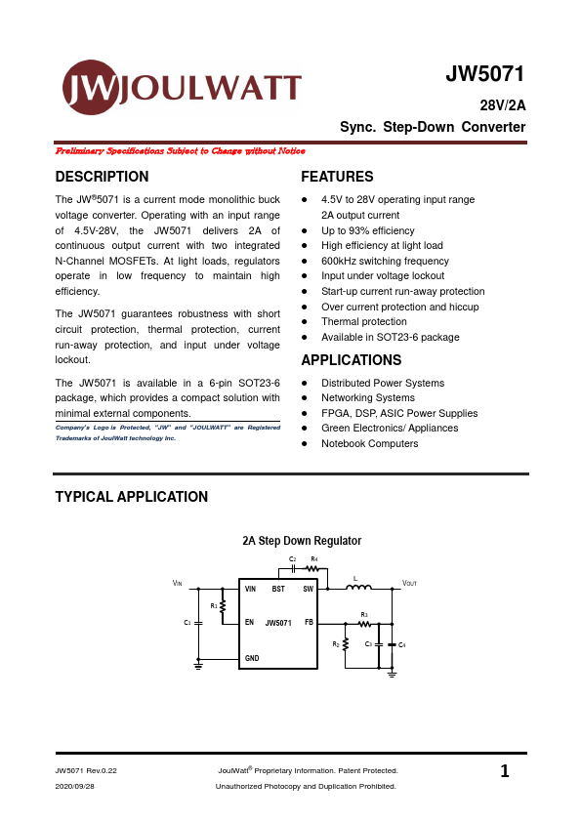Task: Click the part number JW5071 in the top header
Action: point(485,75)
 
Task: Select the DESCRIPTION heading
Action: point(103,177)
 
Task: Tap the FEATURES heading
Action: point(337,177)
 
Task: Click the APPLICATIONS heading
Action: point(352,360)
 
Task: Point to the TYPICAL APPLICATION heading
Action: point(132,497)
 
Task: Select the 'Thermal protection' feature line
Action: point(363,321)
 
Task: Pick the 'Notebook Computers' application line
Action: point(369,443)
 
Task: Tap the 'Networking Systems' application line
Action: point(367,397)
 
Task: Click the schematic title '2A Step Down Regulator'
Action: point(302,540)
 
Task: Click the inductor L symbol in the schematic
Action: point(359,589)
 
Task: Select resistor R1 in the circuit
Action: point(223,606)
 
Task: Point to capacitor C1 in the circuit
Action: point(198,622)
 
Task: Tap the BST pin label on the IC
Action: point(278,590)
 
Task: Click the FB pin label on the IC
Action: point(309,622)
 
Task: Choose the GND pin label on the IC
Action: point(252,659)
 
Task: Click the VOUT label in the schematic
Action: point(410,583)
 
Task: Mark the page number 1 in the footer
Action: point(505,772)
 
